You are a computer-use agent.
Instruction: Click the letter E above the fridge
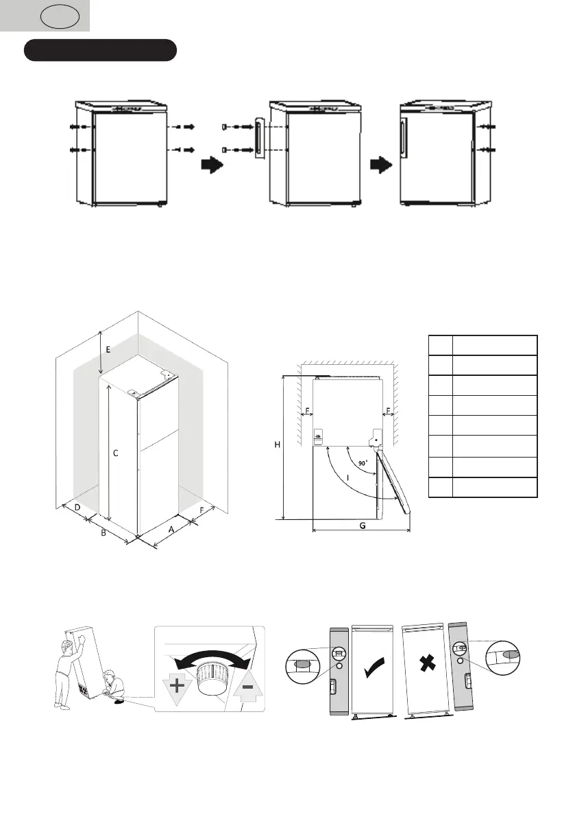[x=108, y=349]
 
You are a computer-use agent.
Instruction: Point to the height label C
[x=116, y=453]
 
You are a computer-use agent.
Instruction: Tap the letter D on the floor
[x=77, y=507]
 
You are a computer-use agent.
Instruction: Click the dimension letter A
[x=170, y=530]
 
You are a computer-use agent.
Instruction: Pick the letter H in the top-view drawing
[x=278, y=445]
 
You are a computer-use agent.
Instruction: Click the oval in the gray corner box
[x=65, y=16]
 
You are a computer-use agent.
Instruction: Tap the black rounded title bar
[x=101, y=50]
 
